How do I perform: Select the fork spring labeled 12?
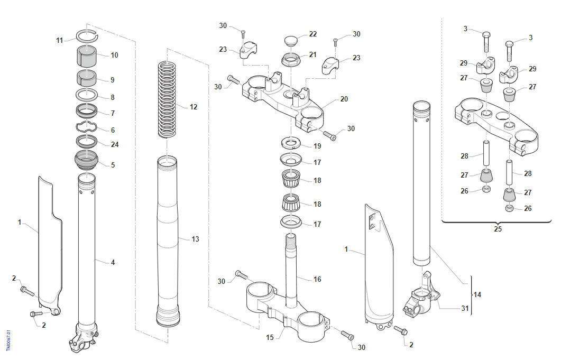click(x=167, y=99)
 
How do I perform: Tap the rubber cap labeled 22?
click(x=291, y=40)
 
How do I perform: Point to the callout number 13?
click(x=195, y=239)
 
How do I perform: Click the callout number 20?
click(x=344, y=99)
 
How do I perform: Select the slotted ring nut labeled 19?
click(x=291, y=143)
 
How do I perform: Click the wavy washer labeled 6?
click(x=87, y=127)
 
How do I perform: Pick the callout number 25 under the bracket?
click(x=498, y=229)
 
